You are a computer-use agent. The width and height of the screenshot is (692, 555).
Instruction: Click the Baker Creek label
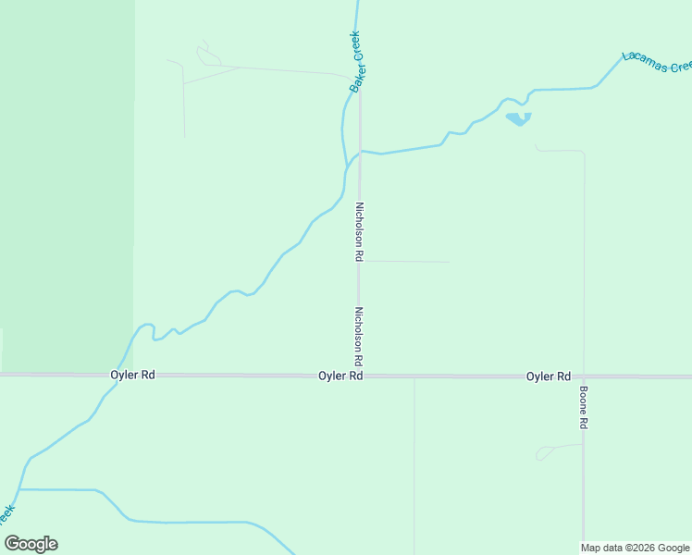[x=355, y=62]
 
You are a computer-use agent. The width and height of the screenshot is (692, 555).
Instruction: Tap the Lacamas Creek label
[x=657, y=61]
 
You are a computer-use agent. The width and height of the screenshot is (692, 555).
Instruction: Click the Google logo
[x=31, y=543]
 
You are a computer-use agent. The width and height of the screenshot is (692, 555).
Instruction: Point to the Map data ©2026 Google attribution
[x=636, y=548]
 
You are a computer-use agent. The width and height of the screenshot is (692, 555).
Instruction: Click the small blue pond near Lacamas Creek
[x=518, y=118]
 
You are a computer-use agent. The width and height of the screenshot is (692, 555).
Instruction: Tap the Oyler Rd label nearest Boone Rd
[x=548, y=376]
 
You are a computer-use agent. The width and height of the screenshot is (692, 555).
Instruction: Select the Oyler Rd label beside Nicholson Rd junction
[x=340, y=376]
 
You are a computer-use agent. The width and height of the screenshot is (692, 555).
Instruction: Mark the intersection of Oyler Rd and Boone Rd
[x=584, y=376]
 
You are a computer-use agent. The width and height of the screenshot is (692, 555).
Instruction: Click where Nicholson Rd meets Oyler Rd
[x=359, y=376]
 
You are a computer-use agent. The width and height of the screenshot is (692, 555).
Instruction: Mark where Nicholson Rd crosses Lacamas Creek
[x=360, y=151]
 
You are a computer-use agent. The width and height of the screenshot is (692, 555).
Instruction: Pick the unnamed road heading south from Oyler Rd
[x=414, y=462]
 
